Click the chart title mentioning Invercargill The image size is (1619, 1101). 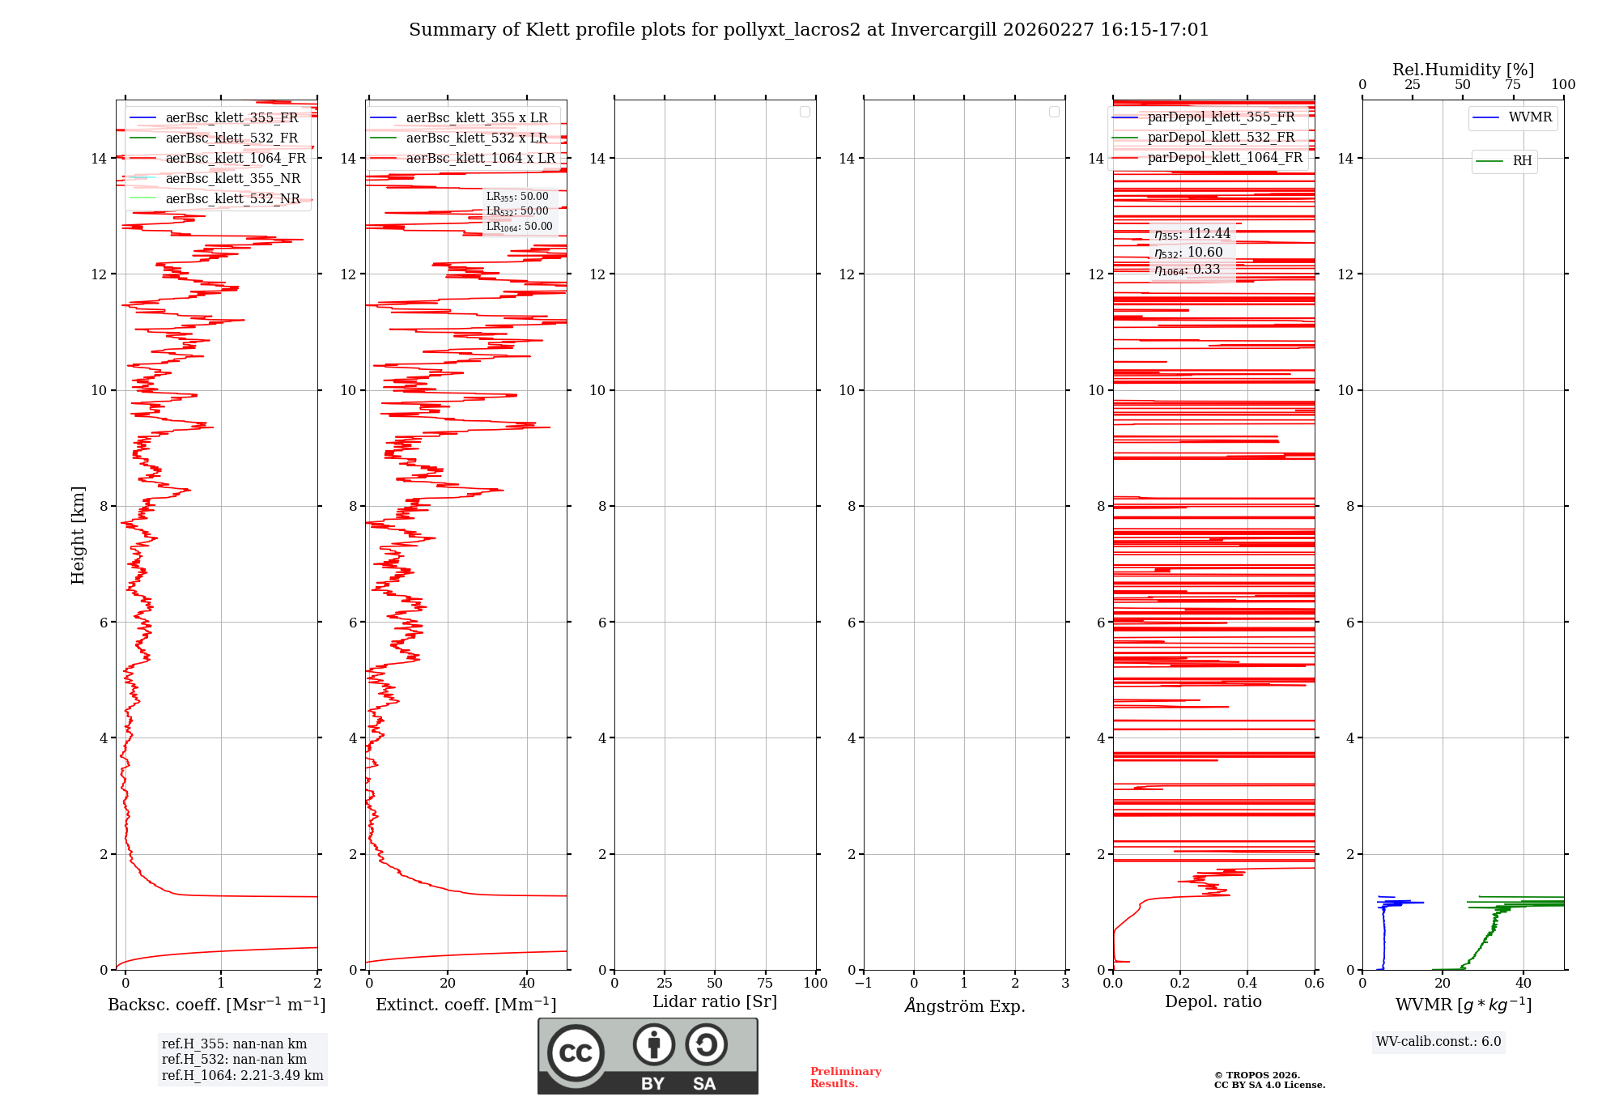(808, 30)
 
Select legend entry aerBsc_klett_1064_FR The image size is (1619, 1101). (235, 159)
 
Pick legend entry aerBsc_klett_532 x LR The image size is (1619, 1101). (476, 138)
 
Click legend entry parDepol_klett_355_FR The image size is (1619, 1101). (1221, 117)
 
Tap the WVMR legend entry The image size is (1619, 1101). (1529, 117)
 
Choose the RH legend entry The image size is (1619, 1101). (1522, 161)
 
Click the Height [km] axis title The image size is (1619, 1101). (78, 534)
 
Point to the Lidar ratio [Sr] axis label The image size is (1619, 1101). (714, 1001)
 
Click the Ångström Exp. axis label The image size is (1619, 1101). (964, 1005)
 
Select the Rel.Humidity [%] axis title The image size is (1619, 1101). (1463, 70)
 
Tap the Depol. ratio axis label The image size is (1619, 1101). (1213, 1001)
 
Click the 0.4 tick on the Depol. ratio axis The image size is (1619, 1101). (1247, 984)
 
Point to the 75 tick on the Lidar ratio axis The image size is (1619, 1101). (765, 984)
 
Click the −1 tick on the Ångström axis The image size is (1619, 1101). (863, 984)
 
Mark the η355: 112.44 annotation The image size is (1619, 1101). (1192, 234)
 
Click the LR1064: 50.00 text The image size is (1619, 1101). (519, 227)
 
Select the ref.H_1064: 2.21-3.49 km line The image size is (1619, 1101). (242, 1075)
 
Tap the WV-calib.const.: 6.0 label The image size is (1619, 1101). (1438, 1042)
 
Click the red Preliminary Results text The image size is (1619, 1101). (845, 1078)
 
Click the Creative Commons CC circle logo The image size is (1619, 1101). (576, 1052)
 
